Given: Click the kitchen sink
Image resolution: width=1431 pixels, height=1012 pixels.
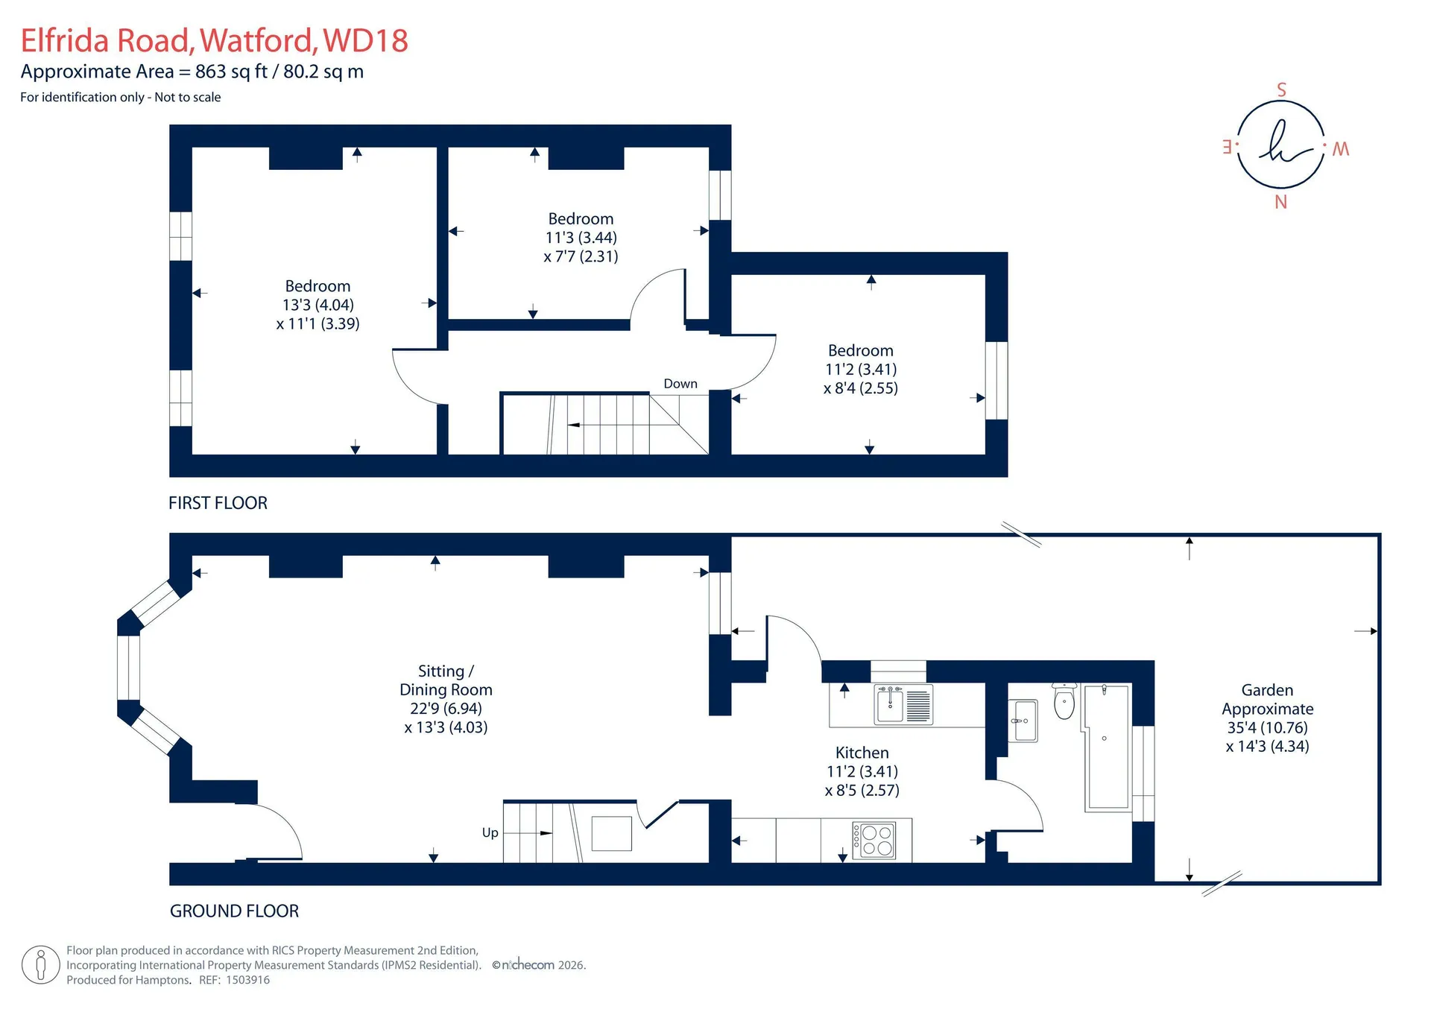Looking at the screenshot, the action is pyautogui.click(x=903, y=704).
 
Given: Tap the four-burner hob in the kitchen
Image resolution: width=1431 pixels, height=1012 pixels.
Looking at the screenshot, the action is pyautogui.click(x=874, y=840).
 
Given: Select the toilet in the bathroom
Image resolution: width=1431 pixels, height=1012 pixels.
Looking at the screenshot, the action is pyautogui.click(x=1064, y=701).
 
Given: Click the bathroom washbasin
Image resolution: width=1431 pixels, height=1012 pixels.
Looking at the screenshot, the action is pyautogui.click(x=1023, y=721).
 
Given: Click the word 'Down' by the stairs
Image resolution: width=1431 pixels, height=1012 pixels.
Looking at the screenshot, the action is pyautogui.click(x=680, y=384).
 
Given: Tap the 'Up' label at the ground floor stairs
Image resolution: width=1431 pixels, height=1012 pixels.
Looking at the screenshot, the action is pyautogui.click(x=490, y=832).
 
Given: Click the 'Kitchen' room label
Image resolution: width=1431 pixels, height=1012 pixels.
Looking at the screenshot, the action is pyautogui.click(x=862, y=753).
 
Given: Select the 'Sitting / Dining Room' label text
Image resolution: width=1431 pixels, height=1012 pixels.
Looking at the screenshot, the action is pyautogui.click(x=446, y=680).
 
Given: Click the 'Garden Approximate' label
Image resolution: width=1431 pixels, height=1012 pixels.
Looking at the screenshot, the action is pyautogui.click(x=1267, y=700).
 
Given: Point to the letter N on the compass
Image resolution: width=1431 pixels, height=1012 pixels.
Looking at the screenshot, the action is pyautogui.click(x=1280, y=202).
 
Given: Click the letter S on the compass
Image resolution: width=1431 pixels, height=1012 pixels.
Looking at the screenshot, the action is pyautogui.click(x=1281, y=90).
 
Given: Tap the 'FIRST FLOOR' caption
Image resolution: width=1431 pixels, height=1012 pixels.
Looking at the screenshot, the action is pyautogui.click(x=218, y=503).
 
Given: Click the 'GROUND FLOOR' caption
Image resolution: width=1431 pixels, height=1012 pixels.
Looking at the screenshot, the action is pyautogui.click(x=234, y=911).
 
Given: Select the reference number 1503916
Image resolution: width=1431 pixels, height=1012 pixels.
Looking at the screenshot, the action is pyautogui.click(x=247, y=980).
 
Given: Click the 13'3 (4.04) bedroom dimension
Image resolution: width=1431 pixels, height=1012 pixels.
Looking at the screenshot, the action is pyautogui.click(x=318, y=305).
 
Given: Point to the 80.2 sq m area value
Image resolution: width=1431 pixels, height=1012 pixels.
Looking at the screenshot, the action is pyautogui.click(x=323, y=72).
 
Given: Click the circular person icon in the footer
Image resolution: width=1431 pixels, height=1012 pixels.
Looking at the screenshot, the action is pyautogui.click(x=40, y=965).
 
